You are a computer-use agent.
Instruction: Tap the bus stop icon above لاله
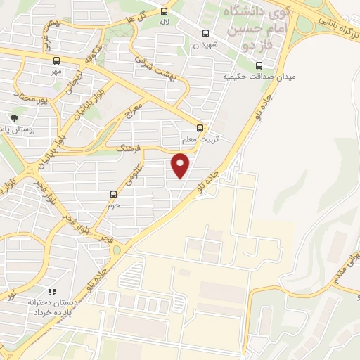pyautogui.click(x=165, y=11)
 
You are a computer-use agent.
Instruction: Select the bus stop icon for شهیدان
pyautogui.click(x=205, y=33)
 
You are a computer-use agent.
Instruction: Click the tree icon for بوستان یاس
pyautogui.click(x=14, y=117)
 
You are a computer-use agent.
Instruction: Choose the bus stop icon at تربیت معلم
pyautogui.click(x=200, y=127)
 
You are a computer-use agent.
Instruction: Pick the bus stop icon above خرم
pyautogui.click(x=113, y=193)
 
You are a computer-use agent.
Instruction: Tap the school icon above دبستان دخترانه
pyautogui.click(x=51, y=291)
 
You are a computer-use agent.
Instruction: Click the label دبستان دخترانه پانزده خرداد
pyautogui.click(x=51, y=306)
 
